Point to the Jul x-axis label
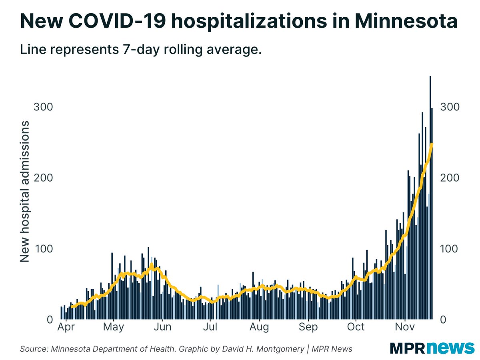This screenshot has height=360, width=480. (x=210, y=327)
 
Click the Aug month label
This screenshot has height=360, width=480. (x=259, y=327)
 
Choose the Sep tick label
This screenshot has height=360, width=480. (x=308, y=327)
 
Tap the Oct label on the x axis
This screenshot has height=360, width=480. (x=356, y=327)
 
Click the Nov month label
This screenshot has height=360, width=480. (x=405, y=327)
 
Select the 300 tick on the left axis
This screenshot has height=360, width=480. (x=44, y=107)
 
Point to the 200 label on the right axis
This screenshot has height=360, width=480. (x=450, y=178)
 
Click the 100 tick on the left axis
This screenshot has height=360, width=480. (x=44, y=249)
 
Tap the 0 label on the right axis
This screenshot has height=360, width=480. (x=443, y=320)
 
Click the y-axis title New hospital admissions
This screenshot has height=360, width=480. (x=25, y=191)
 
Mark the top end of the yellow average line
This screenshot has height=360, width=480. (x=432, y=144)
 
